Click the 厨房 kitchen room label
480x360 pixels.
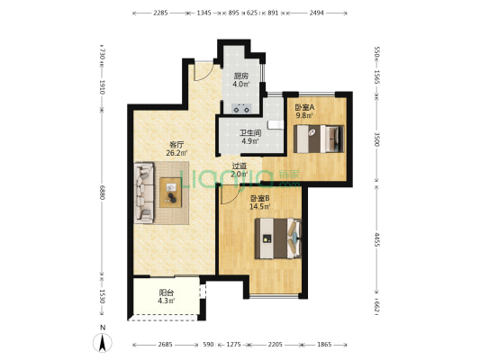(241, 76)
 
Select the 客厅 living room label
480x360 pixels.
(177, 144)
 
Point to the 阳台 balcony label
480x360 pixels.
(167, 292)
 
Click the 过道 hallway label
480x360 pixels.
(239, 166)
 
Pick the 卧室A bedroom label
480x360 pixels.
(304, 107)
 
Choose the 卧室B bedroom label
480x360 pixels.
(259, 198)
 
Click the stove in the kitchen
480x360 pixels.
(241, 109)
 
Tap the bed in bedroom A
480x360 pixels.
(319, 139)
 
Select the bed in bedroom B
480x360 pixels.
(278, 238)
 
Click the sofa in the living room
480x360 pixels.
(144, 193)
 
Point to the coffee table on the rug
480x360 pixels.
(171, 193)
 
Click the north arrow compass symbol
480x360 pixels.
(103, 343)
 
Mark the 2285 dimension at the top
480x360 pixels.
(160, 13)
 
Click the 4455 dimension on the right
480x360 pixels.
(376, 240)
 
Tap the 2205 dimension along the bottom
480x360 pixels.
(276, 345)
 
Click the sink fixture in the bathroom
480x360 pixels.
(276, 125)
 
